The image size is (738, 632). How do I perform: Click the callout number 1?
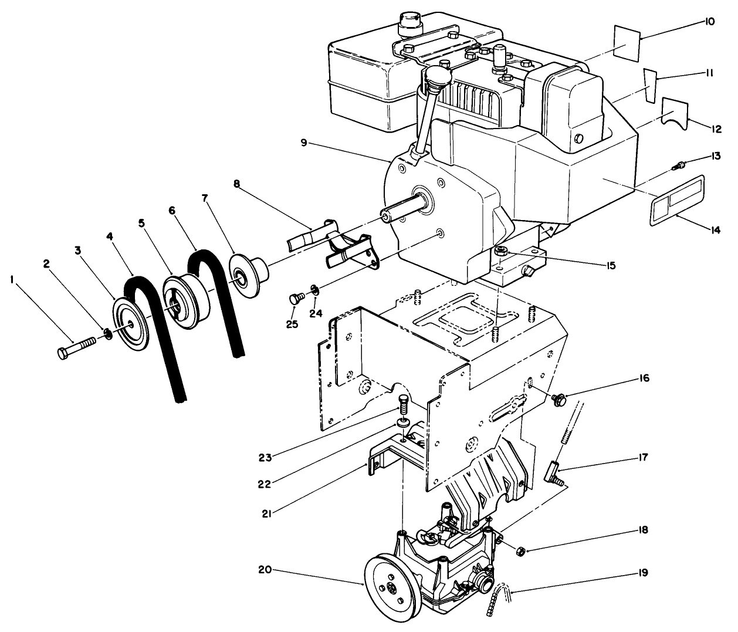point(12,280)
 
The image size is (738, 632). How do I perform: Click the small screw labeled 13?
point(679,167)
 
